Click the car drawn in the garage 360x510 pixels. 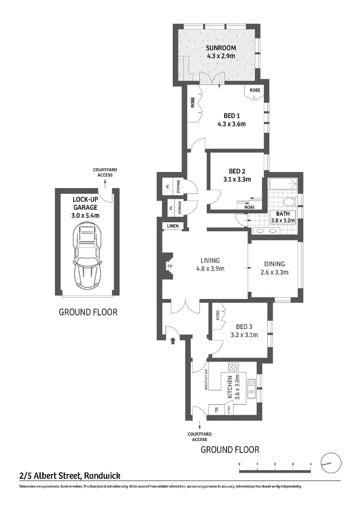point(87,258)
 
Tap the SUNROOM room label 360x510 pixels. point(221,48)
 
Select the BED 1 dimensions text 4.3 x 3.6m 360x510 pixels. point(232,124)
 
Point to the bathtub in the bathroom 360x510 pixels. point(282,184)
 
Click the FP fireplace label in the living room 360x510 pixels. point(169,267)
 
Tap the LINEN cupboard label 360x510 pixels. point(173,226)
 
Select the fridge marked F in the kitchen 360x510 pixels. point(217,410)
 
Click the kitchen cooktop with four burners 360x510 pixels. point(233,367)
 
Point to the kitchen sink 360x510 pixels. point(252,390)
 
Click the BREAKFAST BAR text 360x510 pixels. point(207,379)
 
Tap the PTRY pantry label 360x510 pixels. point(229,410)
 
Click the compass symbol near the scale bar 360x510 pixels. point(330,462)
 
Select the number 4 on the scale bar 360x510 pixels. point(310,465)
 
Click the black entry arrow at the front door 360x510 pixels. point(173,339)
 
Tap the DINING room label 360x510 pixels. point(275,264)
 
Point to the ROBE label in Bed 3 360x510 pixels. point(218,315)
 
